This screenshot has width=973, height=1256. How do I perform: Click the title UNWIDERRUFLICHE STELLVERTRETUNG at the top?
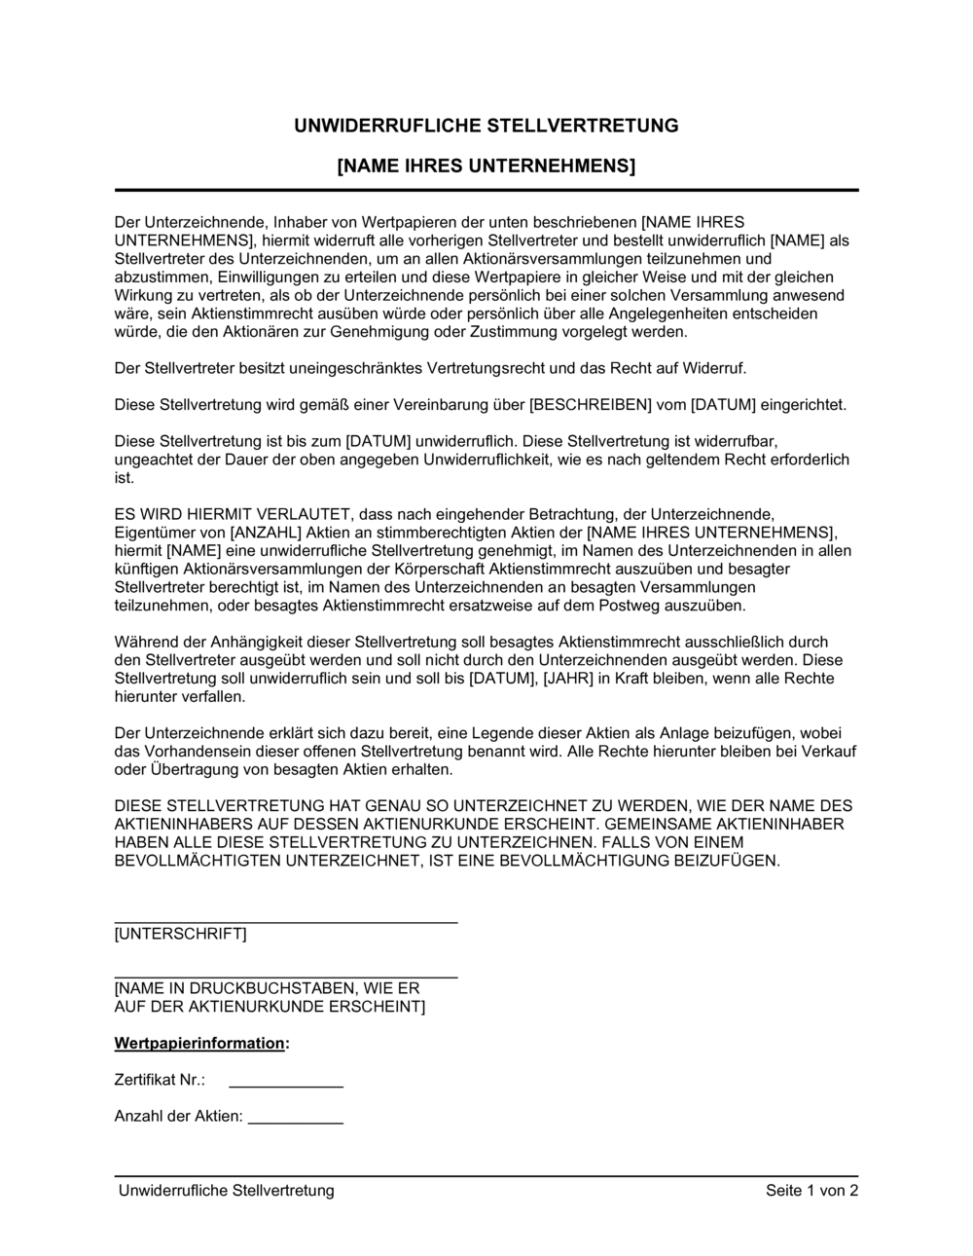click(486, 126)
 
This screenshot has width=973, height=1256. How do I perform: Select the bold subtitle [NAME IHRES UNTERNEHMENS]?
click(486, 166)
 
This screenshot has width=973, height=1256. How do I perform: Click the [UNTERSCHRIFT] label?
click(180, 934)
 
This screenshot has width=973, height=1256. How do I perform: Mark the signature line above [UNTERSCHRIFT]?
click(285, 920)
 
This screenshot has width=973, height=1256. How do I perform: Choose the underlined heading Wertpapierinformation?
click(199, 1043)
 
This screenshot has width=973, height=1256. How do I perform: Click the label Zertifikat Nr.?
click(160, 1080)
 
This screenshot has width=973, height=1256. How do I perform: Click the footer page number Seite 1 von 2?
click(811, 1190)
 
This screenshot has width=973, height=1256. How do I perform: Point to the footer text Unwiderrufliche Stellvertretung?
click(226, 1190)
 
